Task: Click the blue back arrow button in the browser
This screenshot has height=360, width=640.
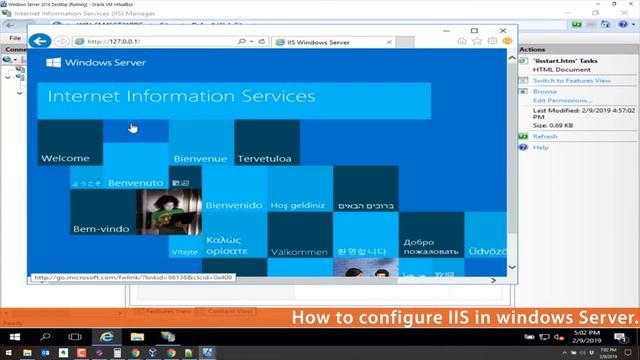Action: click(40, 41)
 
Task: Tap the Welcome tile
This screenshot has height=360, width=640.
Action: click(65, 158)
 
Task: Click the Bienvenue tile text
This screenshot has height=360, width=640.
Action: click(200, 158)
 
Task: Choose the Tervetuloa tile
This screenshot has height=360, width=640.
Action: click(263, 158)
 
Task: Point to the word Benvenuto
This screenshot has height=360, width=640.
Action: click(135, 183)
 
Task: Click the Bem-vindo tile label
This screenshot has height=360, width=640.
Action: click(101, 229)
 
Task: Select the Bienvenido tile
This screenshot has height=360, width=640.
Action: click(233, 205)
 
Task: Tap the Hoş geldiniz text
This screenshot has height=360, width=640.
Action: click(298, 205)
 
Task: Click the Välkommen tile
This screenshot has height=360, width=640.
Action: click(299, 251)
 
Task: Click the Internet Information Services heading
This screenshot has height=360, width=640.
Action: click(181, 97)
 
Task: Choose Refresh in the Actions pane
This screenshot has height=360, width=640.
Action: click(545, 136)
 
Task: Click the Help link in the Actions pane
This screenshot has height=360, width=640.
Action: click(541, 147)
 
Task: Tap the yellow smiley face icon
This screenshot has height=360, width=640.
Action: click(507, 42)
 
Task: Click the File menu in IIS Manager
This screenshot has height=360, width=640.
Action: click(15, 38)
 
